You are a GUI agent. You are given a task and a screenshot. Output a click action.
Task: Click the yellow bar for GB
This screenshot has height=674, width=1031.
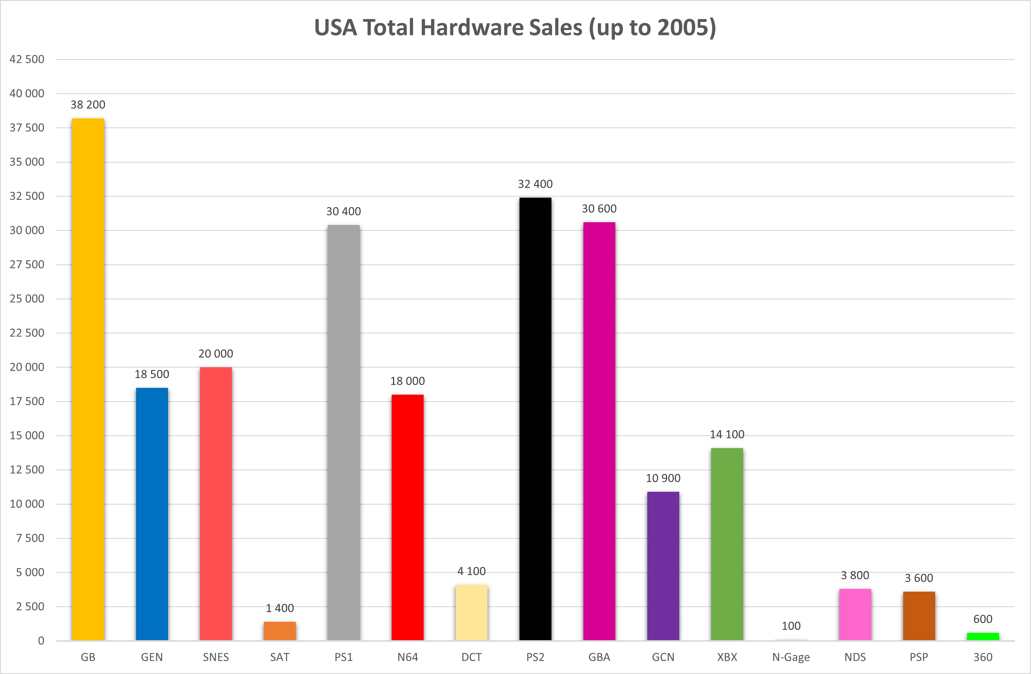pyautogui.click(x=88, y=379)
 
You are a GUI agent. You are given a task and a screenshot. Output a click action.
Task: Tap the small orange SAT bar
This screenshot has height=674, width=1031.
pyautogui.click(x=280, y=631)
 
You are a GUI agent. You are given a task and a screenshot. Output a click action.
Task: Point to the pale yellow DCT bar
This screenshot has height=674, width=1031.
pyautogui.click(x=471, y=613)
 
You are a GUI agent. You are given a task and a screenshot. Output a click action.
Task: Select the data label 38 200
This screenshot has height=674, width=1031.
pyautogui.click(x=88, y=104)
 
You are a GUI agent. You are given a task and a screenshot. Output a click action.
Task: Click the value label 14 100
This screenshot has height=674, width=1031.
pyautogui.click(x=727, y=434)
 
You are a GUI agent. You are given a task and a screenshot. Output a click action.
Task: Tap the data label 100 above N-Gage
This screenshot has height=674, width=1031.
pyautogui.click(x=791, y=626)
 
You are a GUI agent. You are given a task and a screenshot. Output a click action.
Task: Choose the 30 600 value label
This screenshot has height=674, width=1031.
pyautogui.click(x=599, y=208)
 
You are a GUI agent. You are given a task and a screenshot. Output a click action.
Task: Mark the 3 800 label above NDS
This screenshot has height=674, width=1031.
pyautogui.click(x=855, y=575)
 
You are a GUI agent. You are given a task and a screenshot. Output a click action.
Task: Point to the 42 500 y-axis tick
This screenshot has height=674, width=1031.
pyautogui.click(x=27, y=59)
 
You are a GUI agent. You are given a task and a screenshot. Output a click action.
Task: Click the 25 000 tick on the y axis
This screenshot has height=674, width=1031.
pyautogui.click(x=27, y=299)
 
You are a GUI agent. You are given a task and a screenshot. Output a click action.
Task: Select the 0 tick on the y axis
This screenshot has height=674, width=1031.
pyautogui.click(x=41, y=640)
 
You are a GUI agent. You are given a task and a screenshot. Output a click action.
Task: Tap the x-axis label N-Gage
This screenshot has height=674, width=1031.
pyautogui.click(x=791, y=657)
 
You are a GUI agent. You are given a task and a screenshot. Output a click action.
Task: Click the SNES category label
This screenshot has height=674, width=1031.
pyautogui.click(x=216, y=657)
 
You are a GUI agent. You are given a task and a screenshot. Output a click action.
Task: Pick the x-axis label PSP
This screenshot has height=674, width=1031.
pyautogui.click(x=919, y=657)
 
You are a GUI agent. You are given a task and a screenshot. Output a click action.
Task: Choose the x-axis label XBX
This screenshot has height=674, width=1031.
pyautogui.click(x=727, y=657)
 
